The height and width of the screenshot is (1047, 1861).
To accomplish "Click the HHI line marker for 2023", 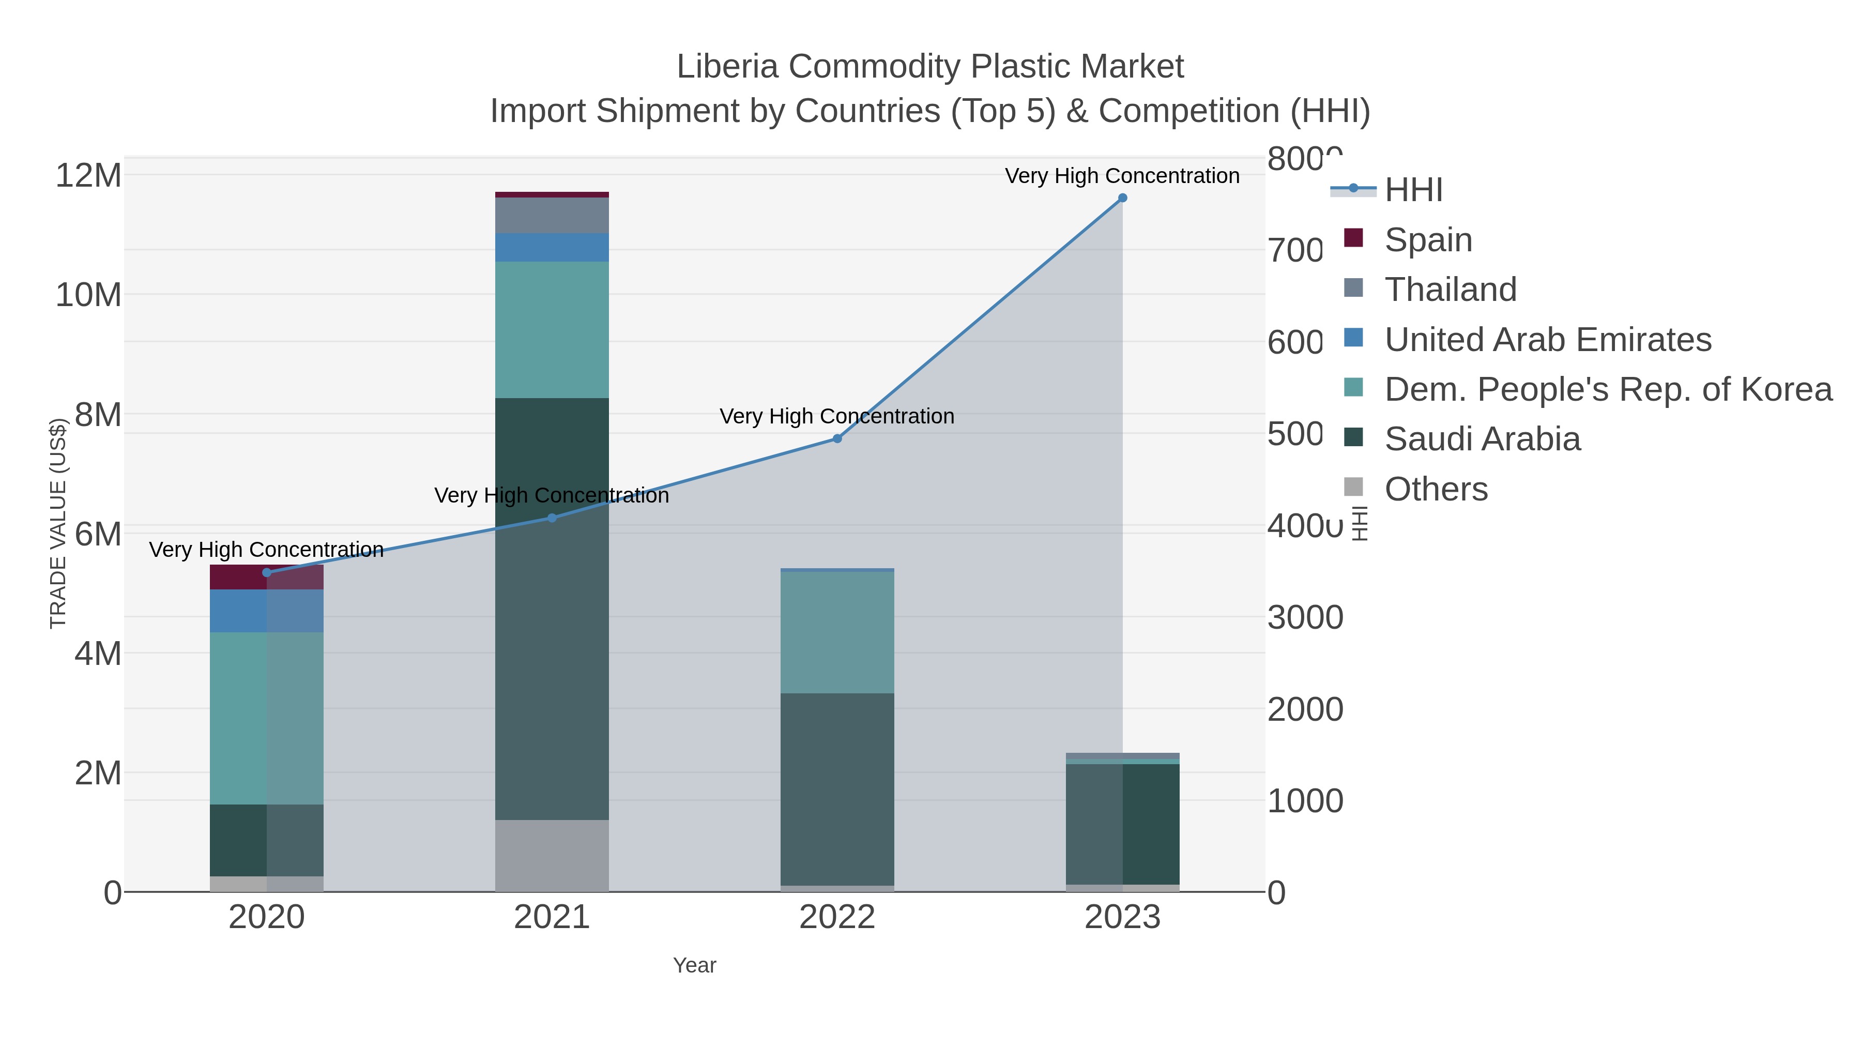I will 1122,198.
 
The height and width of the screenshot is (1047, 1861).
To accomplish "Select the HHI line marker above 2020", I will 267,573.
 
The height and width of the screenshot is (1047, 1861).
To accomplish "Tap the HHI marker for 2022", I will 837,438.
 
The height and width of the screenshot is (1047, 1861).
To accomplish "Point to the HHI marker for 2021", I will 552,518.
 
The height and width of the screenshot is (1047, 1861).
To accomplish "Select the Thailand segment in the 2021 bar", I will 552,215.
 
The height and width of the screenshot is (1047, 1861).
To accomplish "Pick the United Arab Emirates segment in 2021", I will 552,248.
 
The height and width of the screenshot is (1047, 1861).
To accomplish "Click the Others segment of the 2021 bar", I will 552,856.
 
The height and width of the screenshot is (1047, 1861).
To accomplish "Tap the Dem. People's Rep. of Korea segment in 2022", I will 837,633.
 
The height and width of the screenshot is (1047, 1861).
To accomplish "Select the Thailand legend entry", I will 1450,290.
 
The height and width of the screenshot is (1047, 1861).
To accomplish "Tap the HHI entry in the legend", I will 1413,190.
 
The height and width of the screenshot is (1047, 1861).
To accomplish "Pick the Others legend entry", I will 1436,489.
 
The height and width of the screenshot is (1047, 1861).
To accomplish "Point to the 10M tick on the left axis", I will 88,295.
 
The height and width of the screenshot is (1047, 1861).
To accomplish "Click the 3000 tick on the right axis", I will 1305,618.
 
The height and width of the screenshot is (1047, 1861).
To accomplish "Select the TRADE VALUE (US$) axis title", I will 58,523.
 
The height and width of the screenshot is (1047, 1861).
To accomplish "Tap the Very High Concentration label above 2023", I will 1122,176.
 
